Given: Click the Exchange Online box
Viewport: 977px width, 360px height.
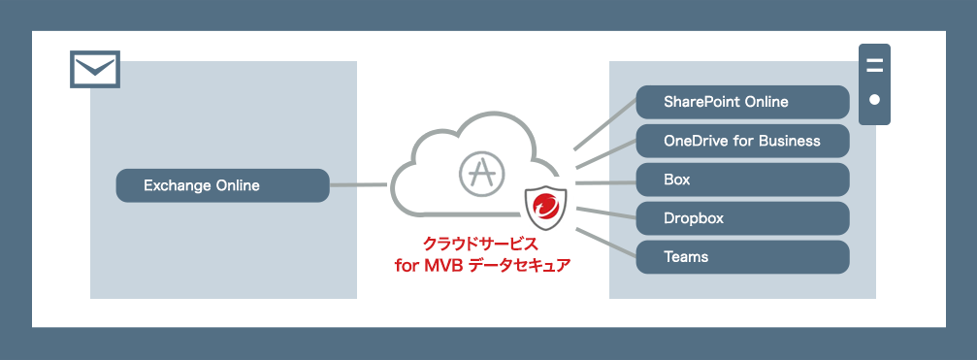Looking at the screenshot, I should (222, 185).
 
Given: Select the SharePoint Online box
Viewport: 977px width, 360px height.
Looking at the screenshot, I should (742, 102).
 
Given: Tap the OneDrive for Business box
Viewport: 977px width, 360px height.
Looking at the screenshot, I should (742, 141).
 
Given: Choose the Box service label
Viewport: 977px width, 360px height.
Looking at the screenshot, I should (742, 180).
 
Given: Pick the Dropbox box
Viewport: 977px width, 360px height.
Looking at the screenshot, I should (742, 218).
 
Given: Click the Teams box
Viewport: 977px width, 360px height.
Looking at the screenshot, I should (742, 257).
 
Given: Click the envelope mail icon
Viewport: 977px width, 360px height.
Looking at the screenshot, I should (94, 69).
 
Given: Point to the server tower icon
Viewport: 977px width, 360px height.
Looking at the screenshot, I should (874, 83).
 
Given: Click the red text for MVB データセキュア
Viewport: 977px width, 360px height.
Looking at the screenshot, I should (482, 265).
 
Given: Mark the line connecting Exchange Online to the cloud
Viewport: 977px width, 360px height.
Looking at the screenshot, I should (360, 184).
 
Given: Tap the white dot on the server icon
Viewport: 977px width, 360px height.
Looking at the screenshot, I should (874, 99).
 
